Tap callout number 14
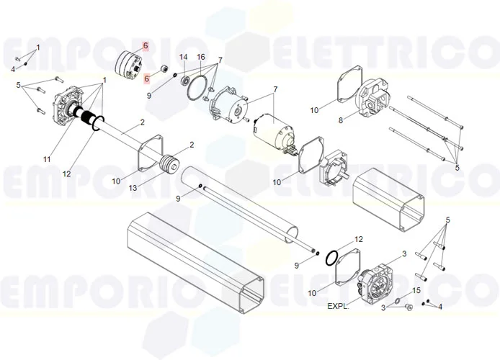coord(183,57)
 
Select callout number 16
coord(201,57)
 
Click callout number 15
coord(416,290)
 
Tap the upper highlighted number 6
coord(146,46)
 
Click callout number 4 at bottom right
coord(440,307)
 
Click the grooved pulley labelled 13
coord(170,165)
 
